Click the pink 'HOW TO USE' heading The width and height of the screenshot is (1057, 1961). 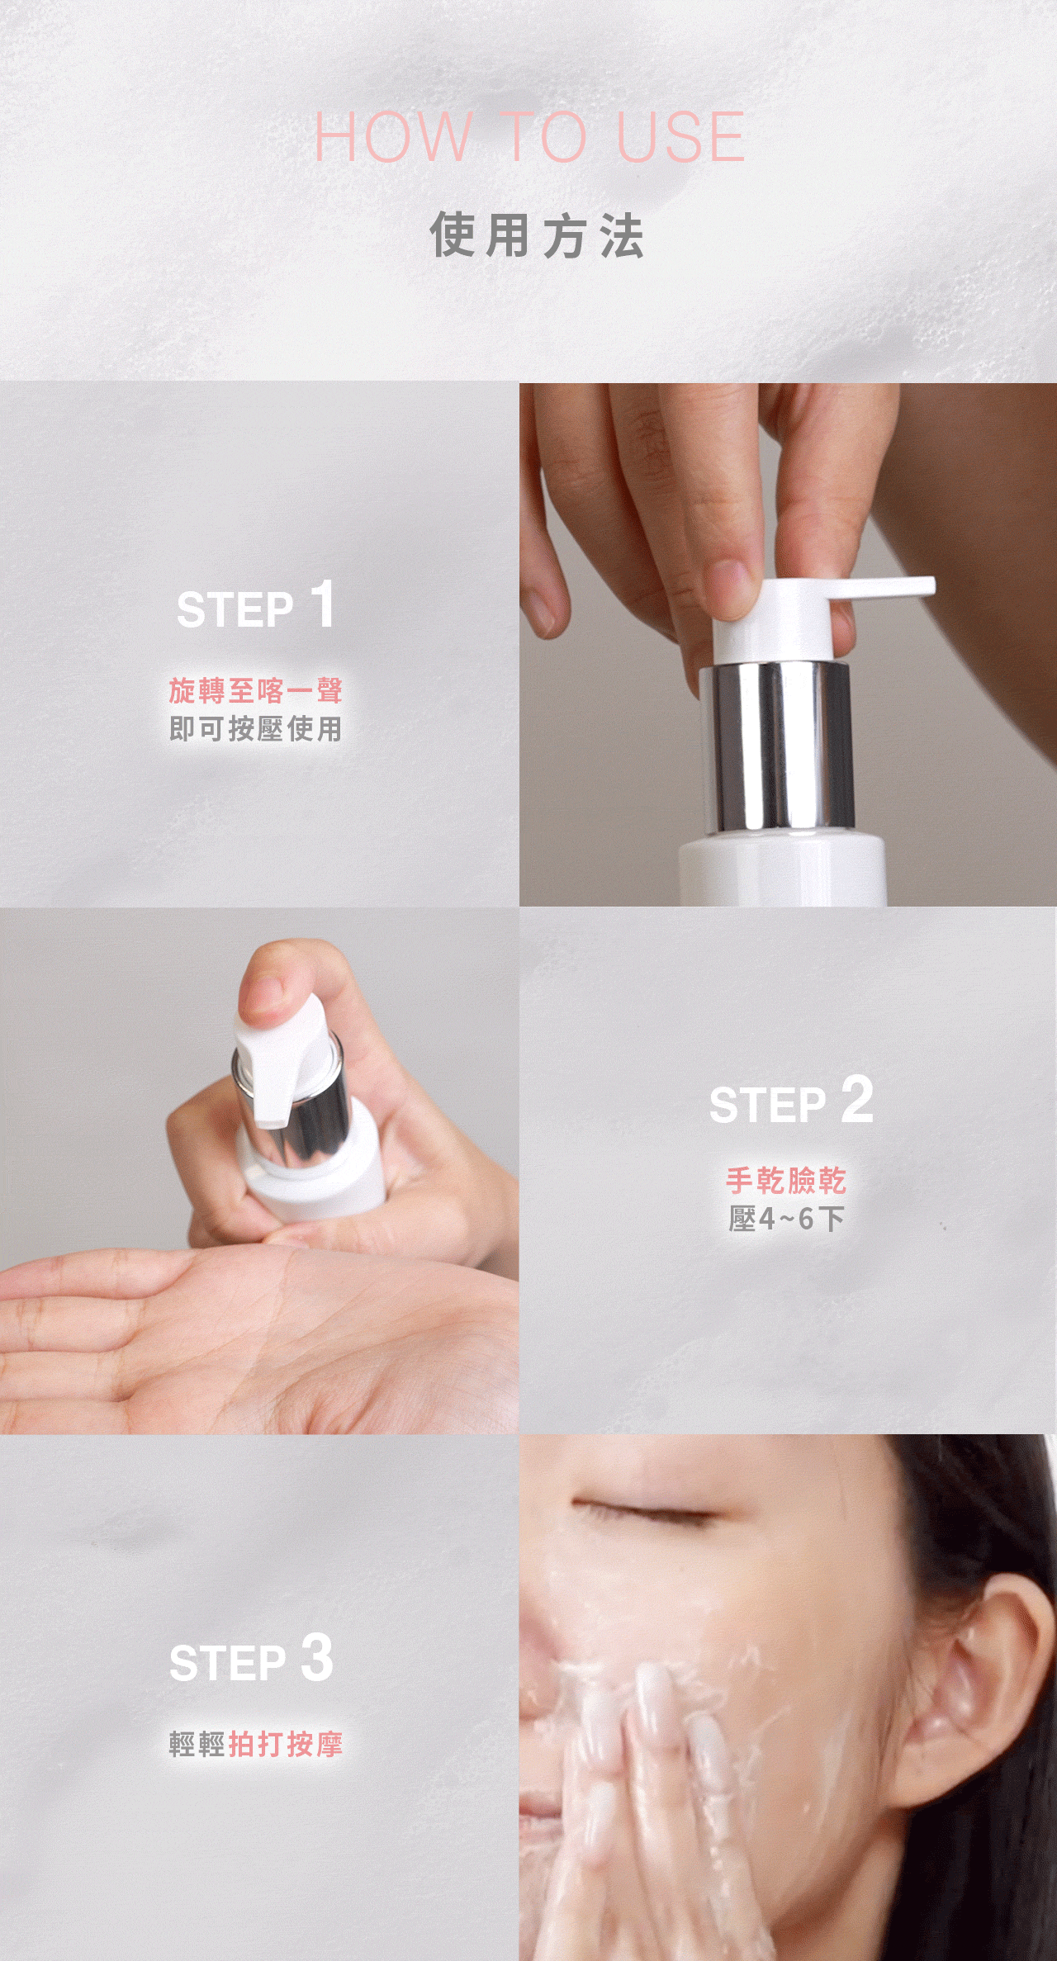(x=529, y=137)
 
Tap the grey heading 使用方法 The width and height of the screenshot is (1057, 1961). (x=537, y=235)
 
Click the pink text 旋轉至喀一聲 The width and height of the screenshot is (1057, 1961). (x=256, y=690)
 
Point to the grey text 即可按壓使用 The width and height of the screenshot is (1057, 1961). (x=256, y=729)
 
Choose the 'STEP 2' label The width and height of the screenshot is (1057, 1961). (x=791, y=1101)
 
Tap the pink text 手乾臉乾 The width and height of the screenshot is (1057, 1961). (x=786, y=1181)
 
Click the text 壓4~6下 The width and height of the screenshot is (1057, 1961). (x=786, y=1219)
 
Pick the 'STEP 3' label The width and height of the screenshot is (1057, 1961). (x=252, y=1659)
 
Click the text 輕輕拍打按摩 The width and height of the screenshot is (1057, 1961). (x=256, y=1745)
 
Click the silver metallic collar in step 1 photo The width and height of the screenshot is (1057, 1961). (x=776, y=746)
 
